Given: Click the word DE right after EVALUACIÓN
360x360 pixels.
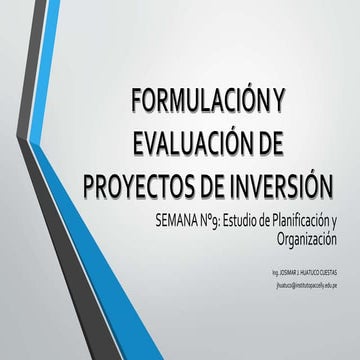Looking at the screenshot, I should tap(283, 142).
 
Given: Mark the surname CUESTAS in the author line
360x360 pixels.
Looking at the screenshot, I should tap(328, 269).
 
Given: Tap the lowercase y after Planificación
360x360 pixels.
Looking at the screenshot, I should tap(334, 220).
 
